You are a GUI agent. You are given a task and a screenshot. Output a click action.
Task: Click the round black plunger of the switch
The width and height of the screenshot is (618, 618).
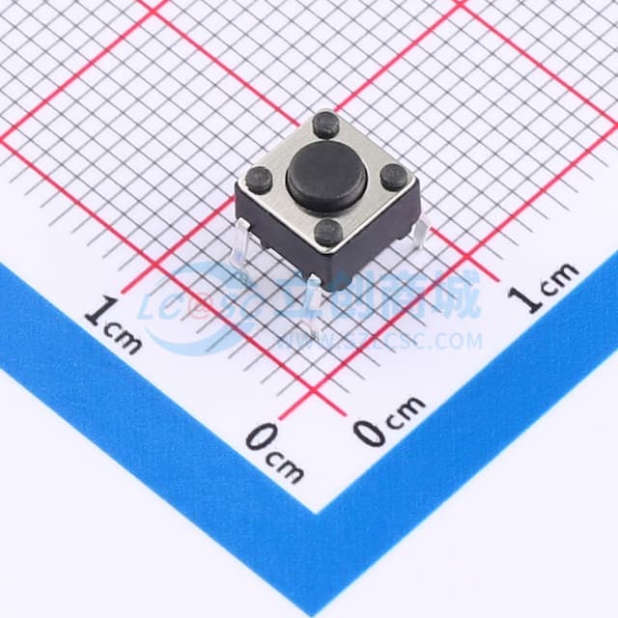click(324, 179)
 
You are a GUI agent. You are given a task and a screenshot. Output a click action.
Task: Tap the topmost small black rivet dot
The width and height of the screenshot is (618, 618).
click(326, 124)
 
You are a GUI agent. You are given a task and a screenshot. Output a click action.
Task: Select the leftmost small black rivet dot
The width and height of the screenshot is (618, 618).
click(259, 179)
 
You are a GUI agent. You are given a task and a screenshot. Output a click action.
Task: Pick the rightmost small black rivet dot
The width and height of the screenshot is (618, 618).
click(393, 177)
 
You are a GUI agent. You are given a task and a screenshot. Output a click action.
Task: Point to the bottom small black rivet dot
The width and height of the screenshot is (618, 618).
click(328, 231)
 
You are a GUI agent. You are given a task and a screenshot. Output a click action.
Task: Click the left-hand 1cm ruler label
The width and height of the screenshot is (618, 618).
click(113, 323)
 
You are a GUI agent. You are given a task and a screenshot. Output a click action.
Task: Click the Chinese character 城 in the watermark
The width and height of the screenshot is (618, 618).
click(457, 298)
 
